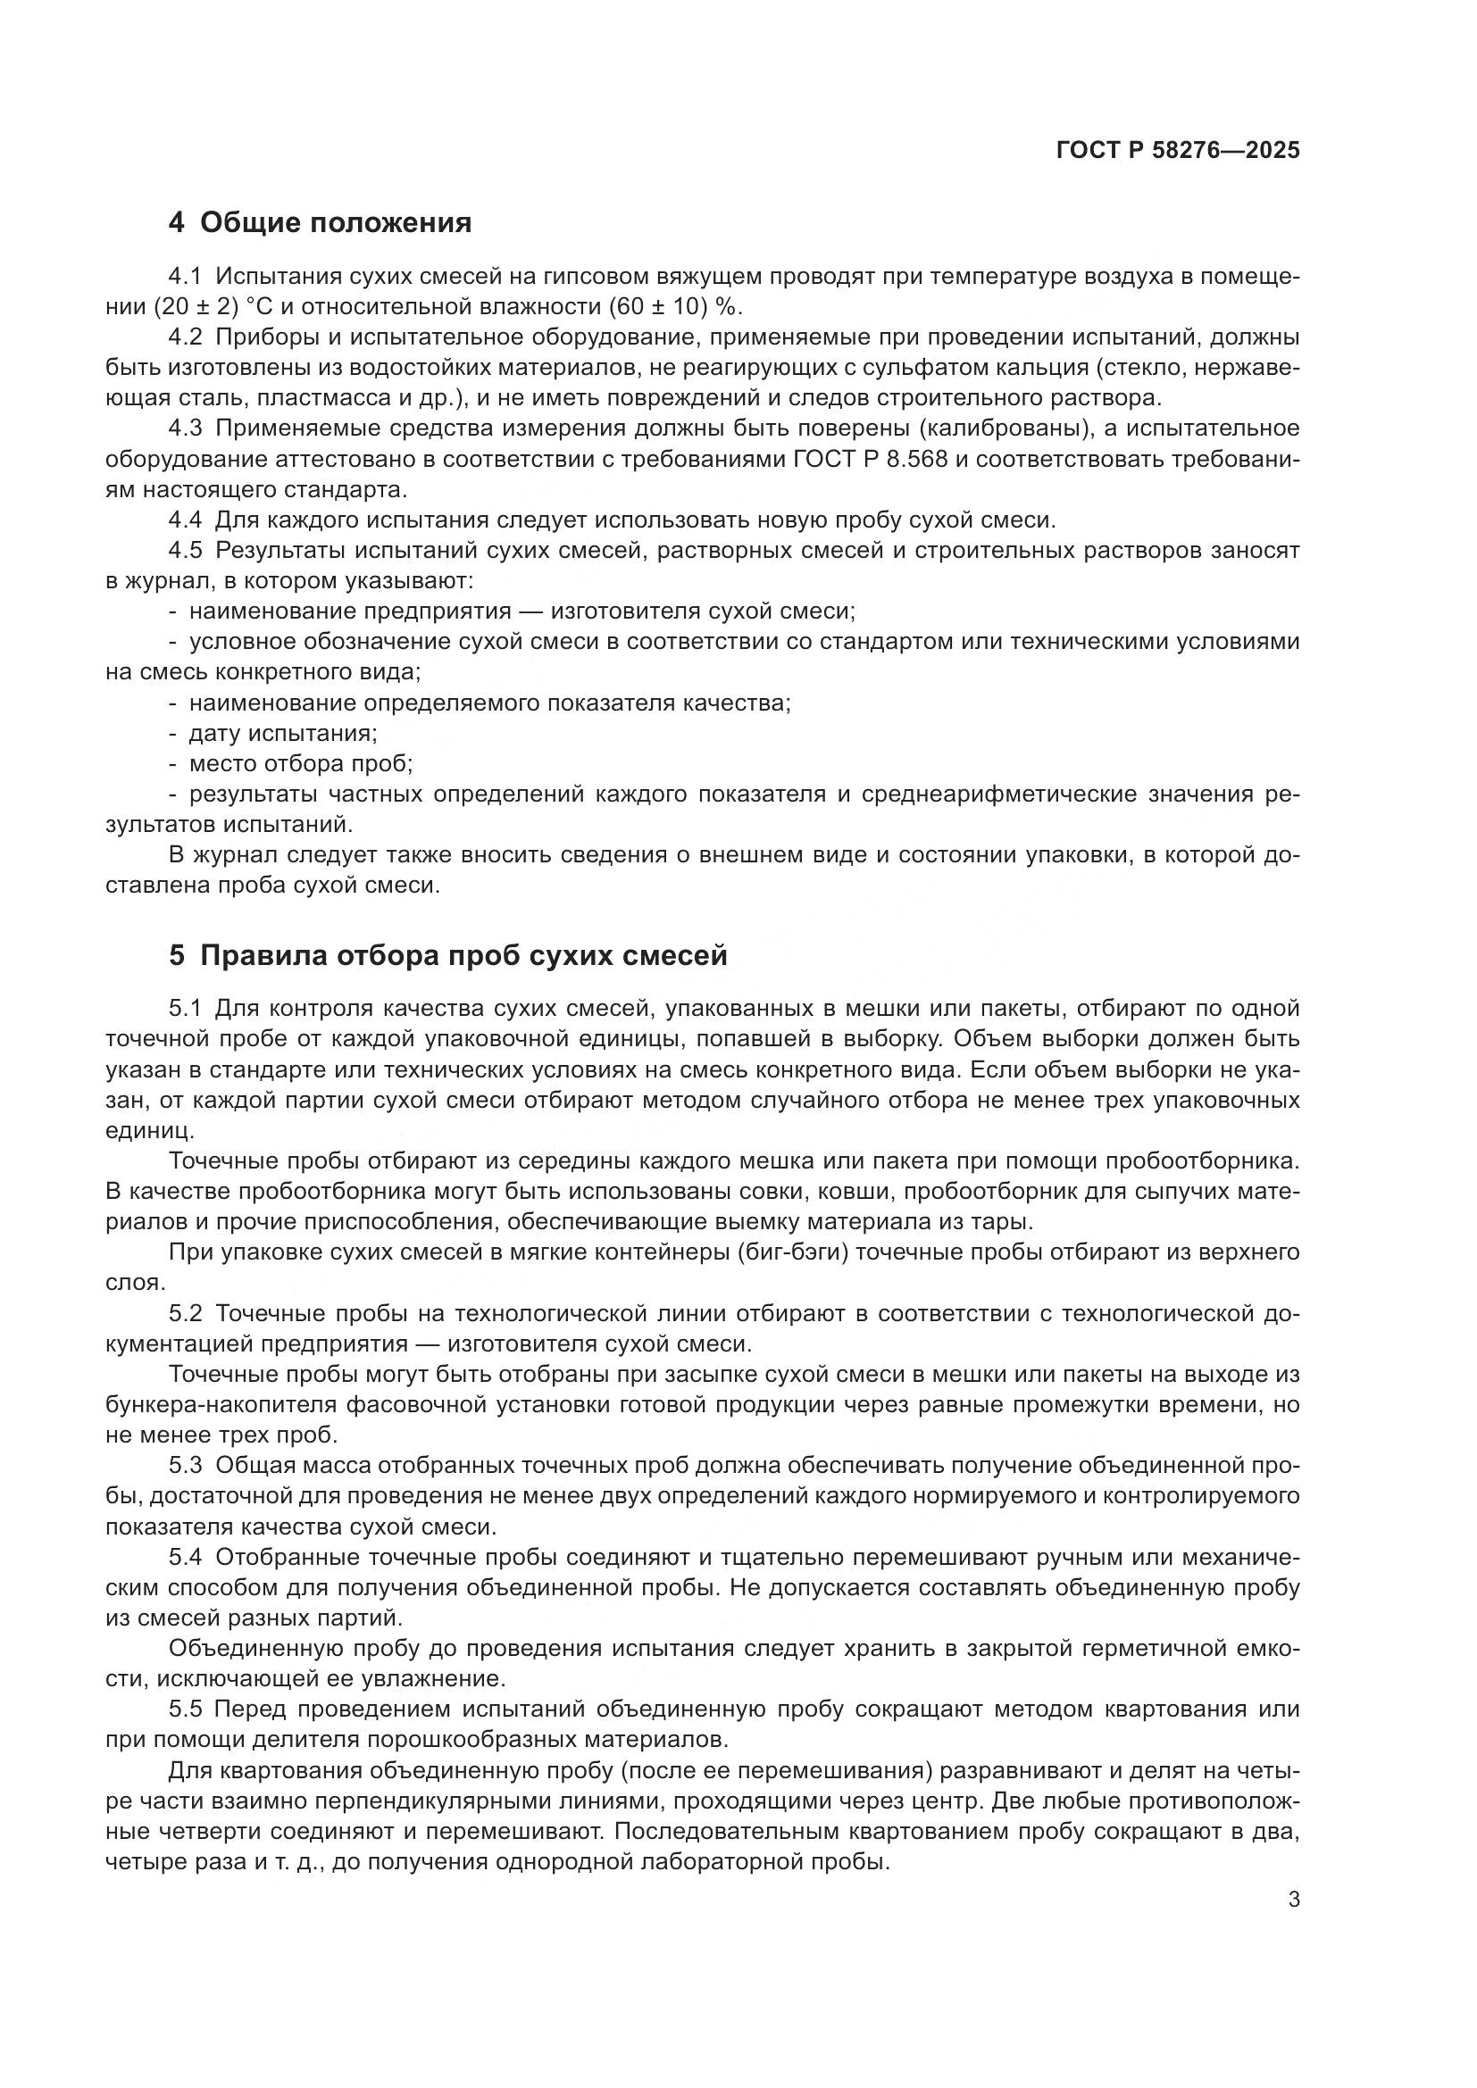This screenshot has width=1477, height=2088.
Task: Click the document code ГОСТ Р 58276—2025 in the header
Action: pos(1178,151)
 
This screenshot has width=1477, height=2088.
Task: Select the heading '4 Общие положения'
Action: pos(321,223)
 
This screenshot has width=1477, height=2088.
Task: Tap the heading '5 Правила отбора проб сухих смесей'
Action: pos(447,956)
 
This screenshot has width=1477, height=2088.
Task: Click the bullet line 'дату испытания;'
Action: pos(283,733)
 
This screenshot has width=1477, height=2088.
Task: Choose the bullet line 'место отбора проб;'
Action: pos(301,764)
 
